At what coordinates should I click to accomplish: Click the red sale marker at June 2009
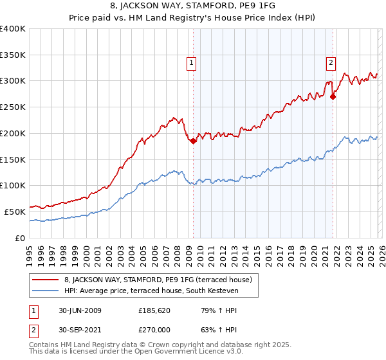click(193, 141)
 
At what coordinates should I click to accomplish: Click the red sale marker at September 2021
click(333, 97)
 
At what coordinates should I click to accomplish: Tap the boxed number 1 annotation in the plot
click(192, 63)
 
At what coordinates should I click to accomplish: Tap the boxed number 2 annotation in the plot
click(331, 63)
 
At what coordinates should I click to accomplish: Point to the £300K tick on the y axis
click(13, 81)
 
